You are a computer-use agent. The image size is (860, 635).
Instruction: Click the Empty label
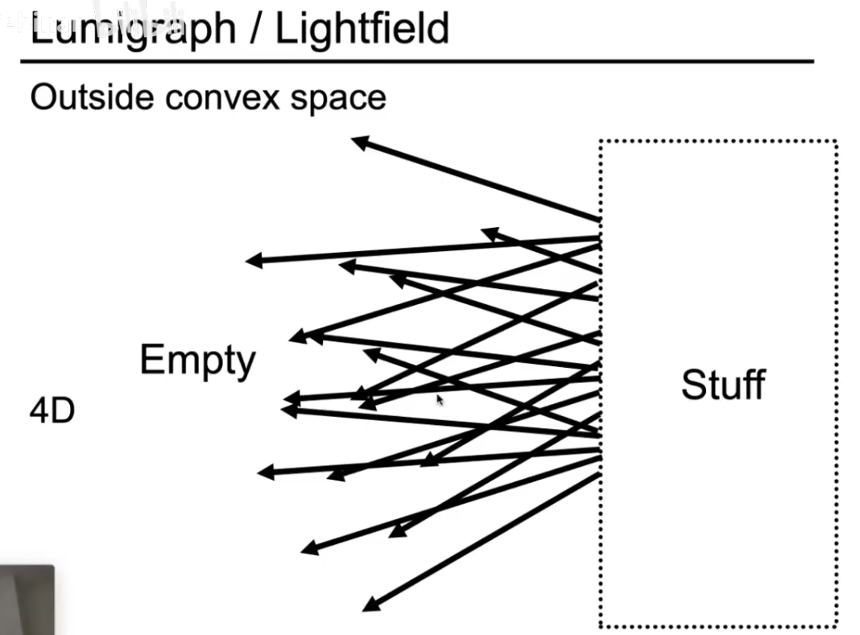point(197,361)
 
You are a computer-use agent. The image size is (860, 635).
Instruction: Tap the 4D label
point(52,412)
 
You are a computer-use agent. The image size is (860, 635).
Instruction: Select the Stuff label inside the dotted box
point(722,385)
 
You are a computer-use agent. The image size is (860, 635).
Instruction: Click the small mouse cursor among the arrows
point(440,399)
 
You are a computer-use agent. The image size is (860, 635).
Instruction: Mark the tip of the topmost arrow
point(354,140)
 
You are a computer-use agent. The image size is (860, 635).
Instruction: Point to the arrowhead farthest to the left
point(247,261)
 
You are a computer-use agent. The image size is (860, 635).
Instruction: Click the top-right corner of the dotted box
point(836,142)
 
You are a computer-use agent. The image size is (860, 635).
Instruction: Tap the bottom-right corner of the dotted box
point(836,625)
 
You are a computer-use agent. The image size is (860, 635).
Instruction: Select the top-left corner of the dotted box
point(601,142)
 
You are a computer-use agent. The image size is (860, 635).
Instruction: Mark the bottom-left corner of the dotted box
point(601,625)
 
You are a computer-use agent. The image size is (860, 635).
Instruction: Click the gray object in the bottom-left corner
point(27,600)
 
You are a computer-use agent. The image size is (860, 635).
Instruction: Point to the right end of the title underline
point(812,61)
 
